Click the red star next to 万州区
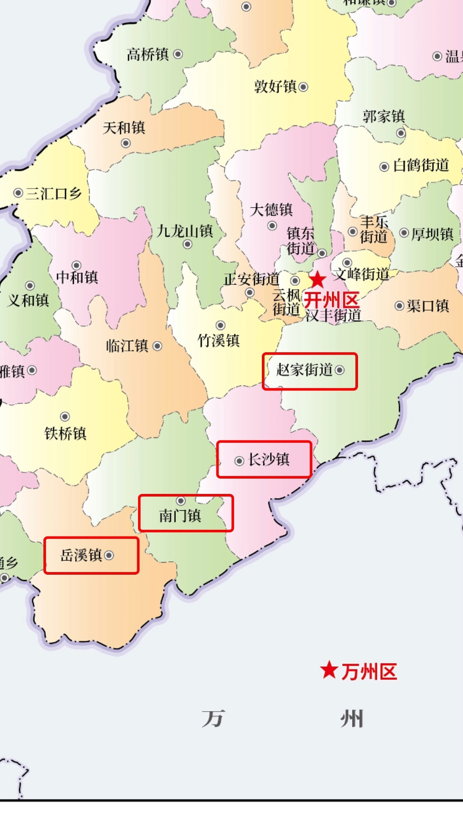[x=329, y=670]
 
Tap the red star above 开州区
[x=318, y=280]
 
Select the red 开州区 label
[x=331, y=299]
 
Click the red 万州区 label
[x=369, y=672]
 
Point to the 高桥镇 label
[x=147, y=55]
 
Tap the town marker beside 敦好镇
[x=304, y=87]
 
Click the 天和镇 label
[x=124, y=127]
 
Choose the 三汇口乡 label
[x=54, y=194]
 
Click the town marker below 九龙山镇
[x=187, y=244]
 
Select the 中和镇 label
[x=77, y=277]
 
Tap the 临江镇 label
[x=127, y=346]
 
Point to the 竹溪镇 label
[x=218, y=341]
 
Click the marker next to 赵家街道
[x=340, y=370]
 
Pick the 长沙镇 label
[x=269, y=460]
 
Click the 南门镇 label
[x=180, y=515]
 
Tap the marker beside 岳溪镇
[x=109, y=555]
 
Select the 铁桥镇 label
[x=66, y=433]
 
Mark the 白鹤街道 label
[x=421, y=165]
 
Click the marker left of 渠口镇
[x=400, y=306]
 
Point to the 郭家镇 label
[x=384, y=116]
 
